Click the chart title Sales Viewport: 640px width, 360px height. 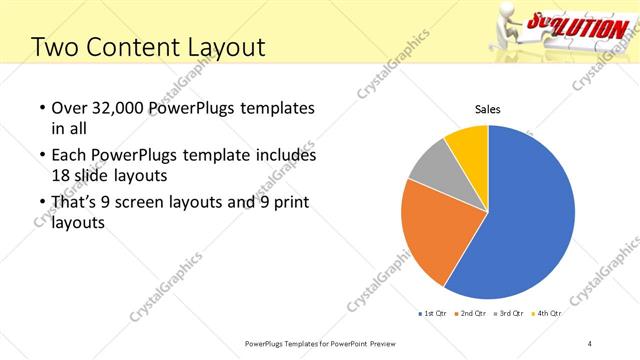coord(487,110)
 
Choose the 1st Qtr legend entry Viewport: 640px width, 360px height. coord(434,313)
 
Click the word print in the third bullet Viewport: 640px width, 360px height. coord(291,204)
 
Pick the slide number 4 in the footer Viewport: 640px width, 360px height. coord(590,343)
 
